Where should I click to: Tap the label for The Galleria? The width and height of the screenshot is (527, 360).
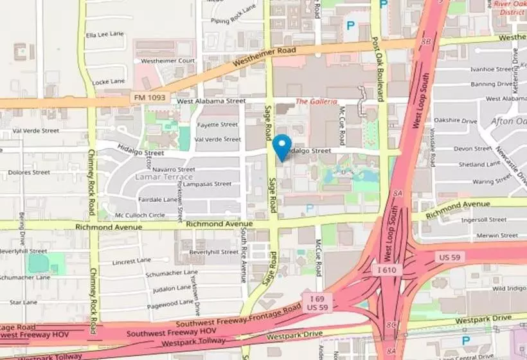click(316, 102)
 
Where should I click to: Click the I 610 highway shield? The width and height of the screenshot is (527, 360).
click(387, 271)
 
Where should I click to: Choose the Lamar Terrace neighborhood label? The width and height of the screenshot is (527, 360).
click(164, 177)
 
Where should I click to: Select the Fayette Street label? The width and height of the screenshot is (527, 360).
click(217, 125)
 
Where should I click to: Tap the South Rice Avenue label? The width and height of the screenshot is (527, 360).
click(244, 256)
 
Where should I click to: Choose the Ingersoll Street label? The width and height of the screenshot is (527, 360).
click(484, 220)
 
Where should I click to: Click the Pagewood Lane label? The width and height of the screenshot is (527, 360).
click(168, 302)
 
